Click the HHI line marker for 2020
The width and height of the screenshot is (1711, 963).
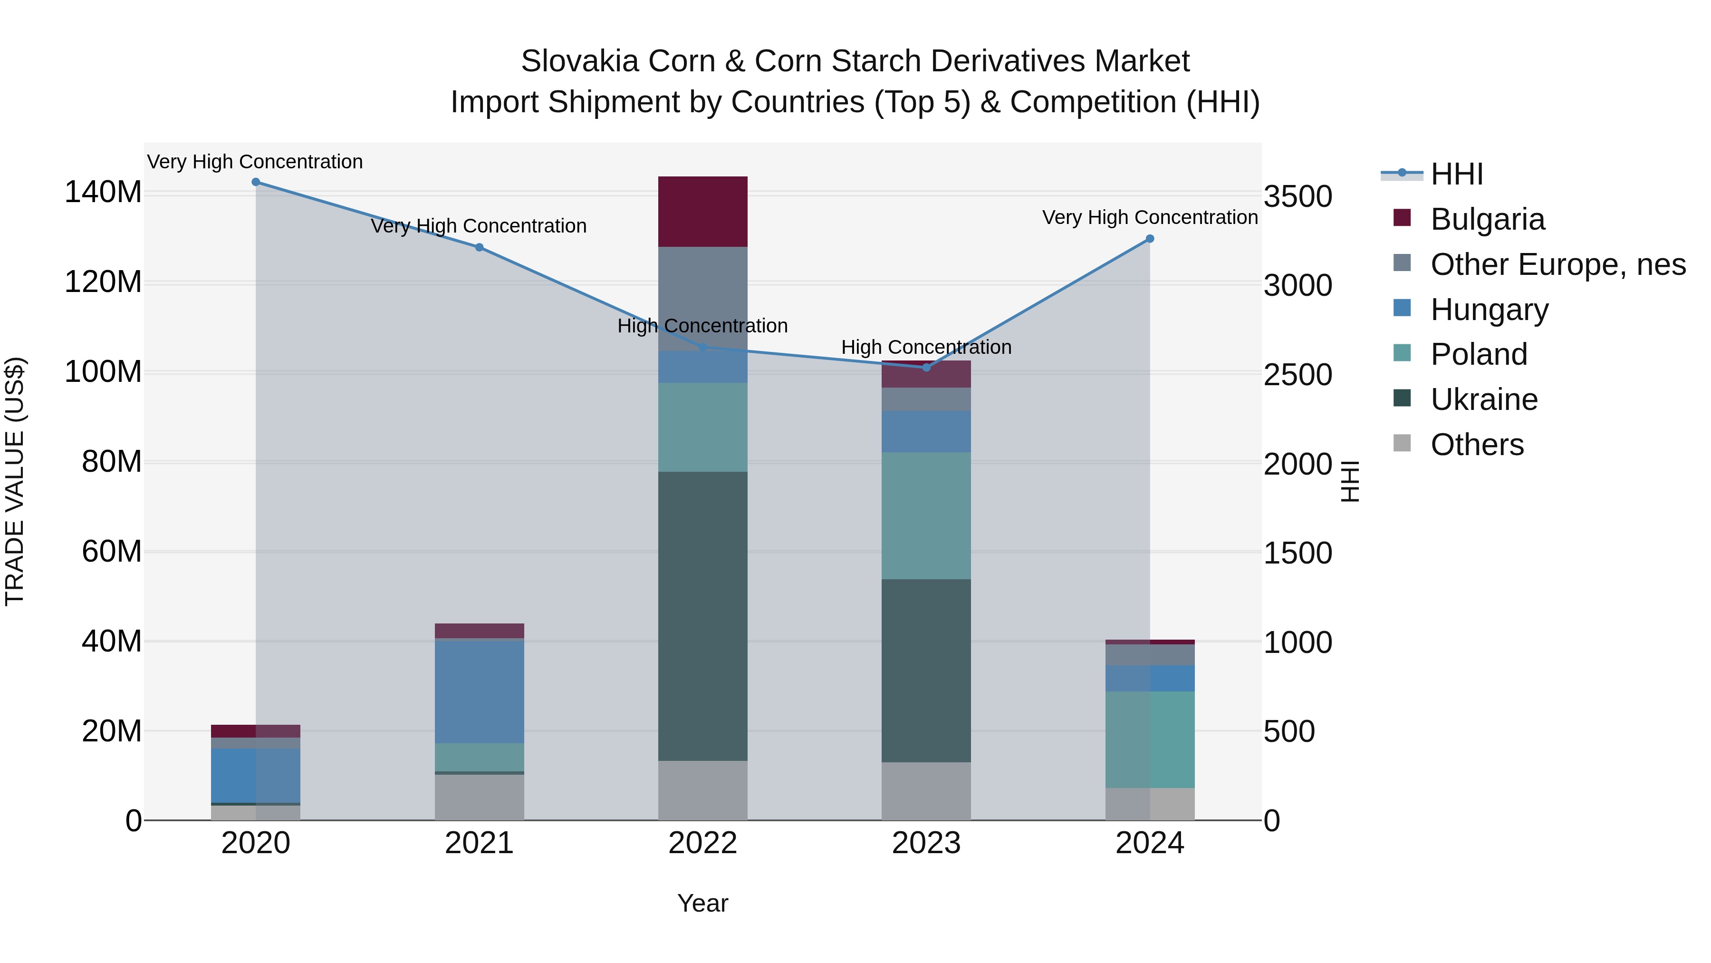[x=256, y=182]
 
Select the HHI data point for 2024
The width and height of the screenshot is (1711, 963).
[x=1150, y=239]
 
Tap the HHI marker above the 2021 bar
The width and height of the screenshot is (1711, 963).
[x=479, y=247]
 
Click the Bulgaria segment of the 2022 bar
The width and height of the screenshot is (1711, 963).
[x=703, y=211]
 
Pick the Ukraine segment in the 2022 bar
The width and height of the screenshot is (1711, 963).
[x=703, y=616]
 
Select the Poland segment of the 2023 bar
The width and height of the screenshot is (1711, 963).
[x=926, y=515]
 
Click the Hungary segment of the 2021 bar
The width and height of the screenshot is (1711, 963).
[x=479, y=691]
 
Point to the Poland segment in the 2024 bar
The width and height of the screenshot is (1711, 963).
[x=1150, y=739]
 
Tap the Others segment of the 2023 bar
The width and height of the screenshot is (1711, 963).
[x=926, y=791]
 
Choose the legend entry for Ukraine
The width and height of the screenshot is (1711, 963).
[x=1483, y=399]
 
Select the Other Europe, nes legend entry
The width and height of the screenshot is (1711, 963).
[x=1557, y=264]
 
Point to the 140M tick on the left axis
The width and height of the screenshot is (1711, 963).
[x=103, y=192]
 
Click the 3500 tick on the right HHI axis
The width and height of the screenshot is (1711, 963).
[x=1297, y=197]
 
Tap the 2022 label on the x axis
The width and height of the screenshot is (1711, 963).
[x=703, y=843]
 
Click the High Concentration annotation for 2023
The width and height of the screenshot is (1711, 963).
[x=926, y=347]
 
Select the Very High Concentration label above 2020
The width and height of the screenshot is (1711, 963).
[x=255, y=162]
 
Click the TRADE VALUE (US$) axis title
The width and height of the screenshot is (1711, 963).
[x=15, y=481]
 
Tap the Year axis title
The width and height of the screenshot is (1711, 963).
[x=703, y=903]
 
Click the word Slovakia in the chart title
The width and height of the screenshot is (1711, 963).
[x=580, y=61]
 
